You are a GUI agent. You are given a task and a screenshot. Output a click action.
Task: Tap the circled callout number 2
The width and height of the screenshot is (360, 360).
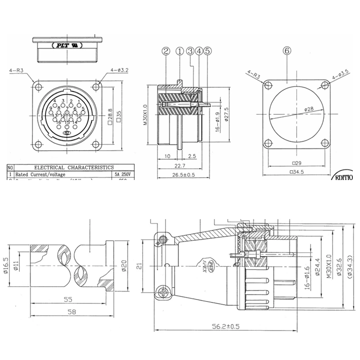[x=166, y=51]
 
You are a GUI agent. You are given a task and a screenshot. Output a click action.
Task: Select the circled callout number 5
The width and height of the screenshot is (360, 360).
[x=207, y=51]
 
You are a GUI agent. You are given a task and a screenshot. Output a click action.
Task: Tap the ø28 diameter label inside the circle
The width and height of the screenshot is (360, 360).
[x=309, y=109]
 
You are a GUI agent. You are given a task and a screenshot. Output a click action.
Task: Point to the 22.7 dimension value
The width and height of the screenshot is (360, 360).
[x=179, y=166]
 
